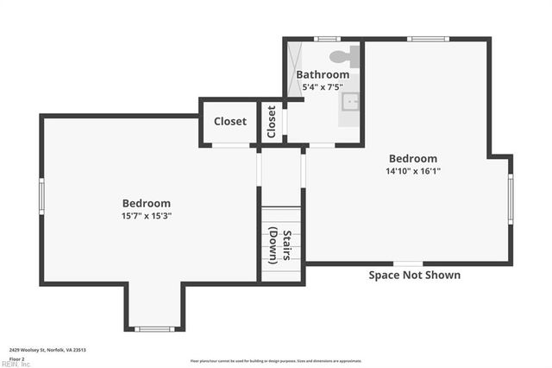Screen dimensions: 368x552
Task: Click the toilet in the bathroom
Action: point(342,57)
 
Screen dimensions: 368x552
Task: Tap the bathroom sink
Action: point(350,103)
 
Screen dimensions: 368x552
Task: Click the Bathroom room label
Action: point(323,74)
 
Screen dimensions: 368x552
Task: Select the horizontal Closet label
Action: point(230,122)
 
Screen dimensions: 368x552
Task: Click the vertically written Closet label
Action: point(272,122)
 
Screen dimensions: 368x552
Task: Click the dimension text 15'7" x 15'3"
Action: point(146,216)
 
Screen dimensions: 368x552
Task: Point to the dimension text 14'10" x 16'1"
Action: point(413,171)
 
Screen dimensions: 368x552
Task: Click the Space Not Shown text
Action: point(414,276)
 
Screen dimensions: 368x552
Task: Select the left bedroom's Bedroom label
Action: point(146,203)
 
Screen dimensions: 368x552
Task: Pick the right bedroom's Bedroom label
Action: point(413,158)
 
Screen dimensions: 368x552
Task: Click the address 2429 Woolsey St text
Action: point(47,350)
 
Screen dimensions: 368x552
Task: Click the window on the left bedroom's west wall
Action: point(41,196)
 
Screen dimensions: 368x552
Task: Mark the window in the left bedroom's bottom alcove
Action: point(155,329)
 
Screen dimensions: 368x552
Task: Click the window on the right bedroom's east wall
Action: point(510,198)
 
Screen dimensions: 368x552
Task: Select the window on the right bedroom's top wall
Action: point(428,39)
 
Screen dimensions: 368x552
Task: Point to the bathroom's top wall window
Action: point(327,39)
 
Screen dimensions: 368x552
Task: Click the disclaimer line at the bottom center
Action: point(276,361)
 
